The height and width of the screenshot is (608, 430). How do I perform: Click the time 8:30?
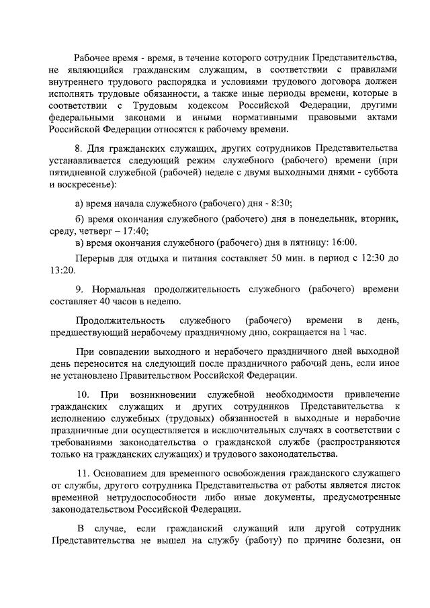(283, 204)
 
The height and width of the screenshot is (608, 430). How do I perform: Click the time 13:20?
(61, 271)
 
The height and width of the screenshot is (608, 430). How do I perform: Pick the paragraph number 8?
(77, 148)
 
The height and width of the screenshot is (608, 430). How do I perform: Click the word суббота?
(363, 173)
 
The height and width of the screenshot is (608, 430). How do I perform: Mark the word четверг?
(96, 230)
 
